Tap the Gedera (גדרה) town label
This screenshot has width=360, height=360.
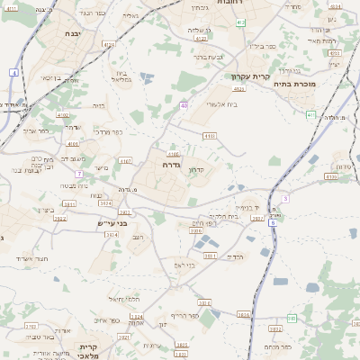(x=172, y=165)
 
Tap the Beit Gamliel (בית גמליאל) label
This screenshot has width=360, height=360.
(x=123, y=76)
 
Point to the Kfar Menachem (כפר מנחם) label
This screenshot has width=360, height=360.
(x=276, y=346)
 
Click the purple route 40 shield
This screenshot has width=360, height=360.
(x=184, y=105)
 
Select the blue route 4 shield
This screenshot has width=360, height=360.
(x=14, y=71)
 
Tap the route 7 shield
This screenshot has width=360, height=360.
(x=79, y=173)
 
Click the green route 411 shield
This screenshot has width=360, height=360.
(x=310, y=114)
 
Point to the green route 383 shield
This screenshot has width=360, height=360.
(x=292, y=318)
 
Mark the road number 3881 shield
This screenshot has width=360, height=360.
(x=211, y=256)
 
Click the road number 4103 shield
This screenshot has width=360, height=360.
(x=210, y=135)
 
